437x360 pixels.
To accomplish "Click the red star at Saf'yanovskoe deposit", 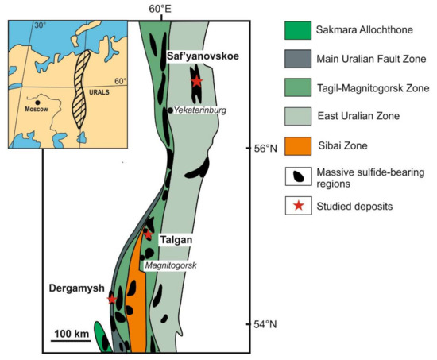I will (196, 80).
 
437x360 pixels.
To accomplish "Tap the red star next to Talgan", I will (147, 234).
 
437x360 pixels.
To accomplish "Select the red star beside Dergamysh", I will (112, 299).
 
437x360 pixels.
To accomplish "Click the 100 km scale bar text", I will (72, 332).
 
